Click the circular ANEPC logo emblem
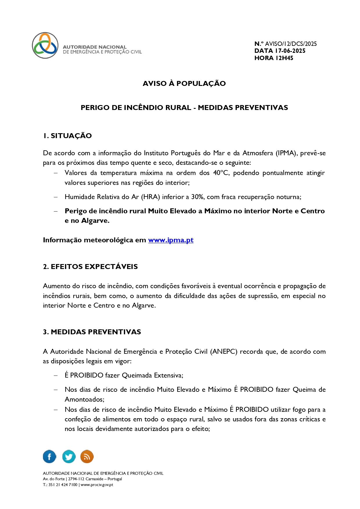[x=45, y=45]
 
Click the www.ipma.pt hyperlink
[x=171, y=240]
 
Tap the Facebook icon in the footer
[x=49, y=456]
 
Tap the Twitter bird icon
[x=69, y=456]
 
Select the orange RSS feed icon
[x=87, y=456]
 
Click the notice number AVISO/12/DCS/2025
[x=291, y=44]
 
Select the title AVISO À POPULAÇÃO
[x=184, y=84]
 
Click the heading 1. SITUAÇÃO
[x=67, y=136]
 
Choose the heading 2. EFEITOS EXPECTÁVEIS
[x=90, y=267]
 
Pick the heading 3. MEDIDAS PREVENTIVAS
[x=92, y=332]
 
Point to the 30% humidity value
[x=197, y=197]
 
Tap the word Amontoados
[x=84, y=400]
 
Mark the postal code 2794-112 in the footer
[x=76, y=479]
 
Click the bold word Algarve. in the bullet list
[x=95, y=221]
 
